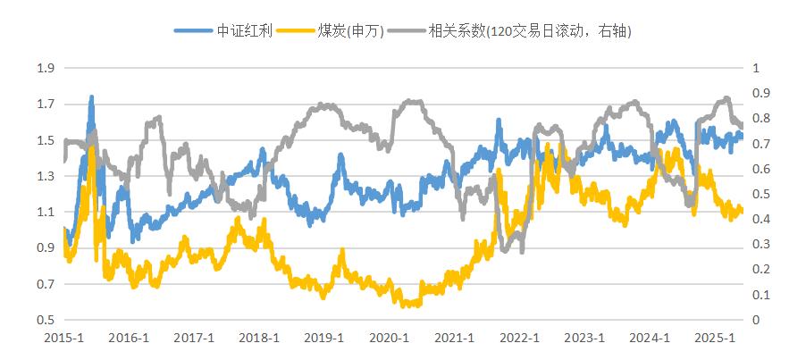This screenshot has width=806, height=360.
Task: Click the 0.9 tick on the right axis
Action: click(761, 93)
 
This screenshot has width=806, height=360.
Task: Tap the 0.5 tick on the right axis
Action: click(761, 194)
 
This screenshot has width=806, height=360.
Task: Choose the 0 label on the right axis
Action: click(757, 320)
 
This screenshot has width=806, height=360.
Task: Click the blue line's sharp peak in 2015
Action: click(91, 97)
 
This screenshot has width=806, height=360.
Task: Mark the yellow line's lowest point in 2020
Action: click(407, 306)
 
